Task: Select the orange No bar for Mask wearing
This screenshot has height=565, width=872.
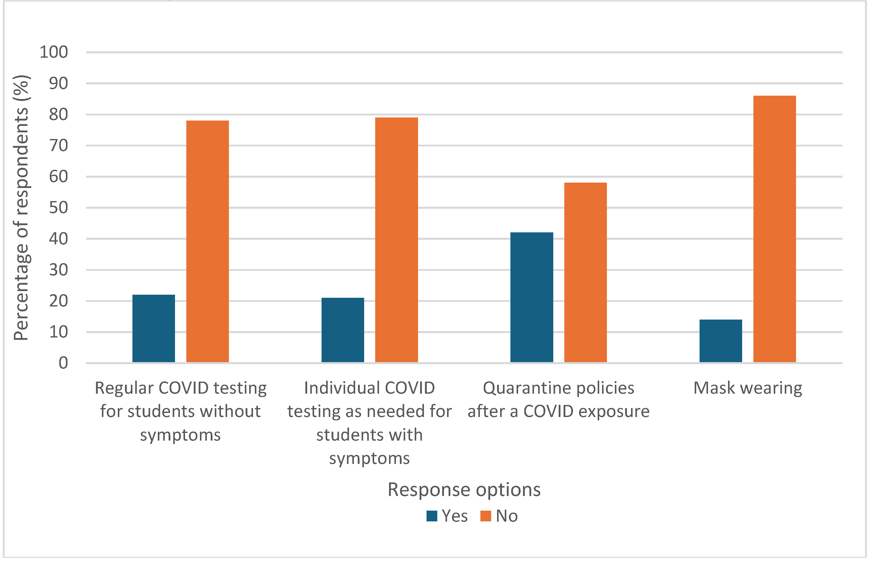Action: [x=774, y=229]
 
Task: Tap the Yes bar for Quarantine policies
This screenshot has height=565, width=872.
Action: [x=531, y=297]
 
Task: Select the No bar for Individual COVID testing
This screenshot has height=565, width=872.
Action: [x=396, y=240]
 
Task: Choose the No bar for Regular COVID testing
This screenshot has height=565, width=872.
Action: [x=207, y=241]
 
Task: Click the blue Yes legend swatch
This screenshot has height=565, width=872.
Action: [x=432, y=516]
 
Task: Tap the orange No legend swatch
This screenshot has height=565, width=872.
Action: [x=486, y=516]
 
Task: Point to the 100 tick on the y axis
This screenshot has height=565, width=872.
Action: [x=54, y=52]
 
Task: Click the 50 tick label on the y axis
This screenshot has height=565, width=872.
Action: [x=59, y=208]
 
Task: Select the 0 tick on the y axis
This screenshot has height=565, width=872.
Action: [x=63, y=363]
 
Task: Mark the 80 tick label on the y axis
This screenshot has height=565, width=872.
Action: [x=59, y=115]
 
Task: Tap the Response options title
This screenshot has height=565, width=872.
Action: [x=464, y=490]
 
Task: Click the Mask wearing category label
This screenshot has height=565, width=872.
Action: [x=748, y=388]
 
